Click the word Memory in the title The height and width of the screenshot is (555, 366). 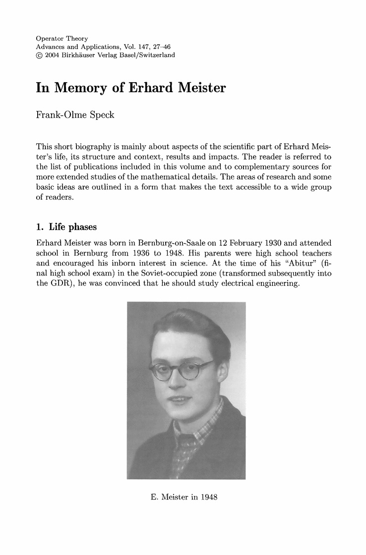[93, 89]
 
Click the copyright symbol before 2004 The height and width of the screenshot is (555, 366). [40, 55]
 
